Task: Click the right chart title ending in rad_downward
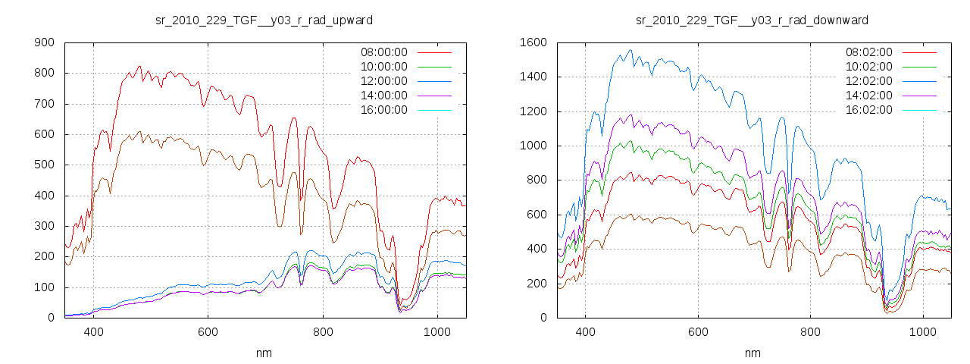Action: click(752, 20)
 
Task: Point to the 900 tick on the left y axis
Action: click(44, 42)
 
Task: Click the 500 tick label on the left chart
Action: click(44, 165)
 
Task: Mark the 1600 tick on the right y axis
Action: click(533, 42)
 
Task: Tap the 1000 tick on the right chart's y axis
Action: click(533, 146)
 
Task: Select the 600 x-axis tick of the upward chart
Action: click(208, 331)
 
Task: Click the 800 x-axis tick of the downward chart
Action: click(810, 331)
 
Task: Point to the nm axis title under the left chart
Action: click(264, 353)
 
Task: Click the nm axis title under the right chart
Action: click(752, 353)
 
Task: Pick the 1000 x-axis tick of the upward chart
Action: click(437, 331)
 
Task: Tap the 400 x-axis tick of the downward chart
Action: click(584, 331)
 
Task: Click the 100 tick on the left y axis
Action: click(44, 287)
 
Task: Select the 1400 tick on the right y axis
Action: click(533, 77)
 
